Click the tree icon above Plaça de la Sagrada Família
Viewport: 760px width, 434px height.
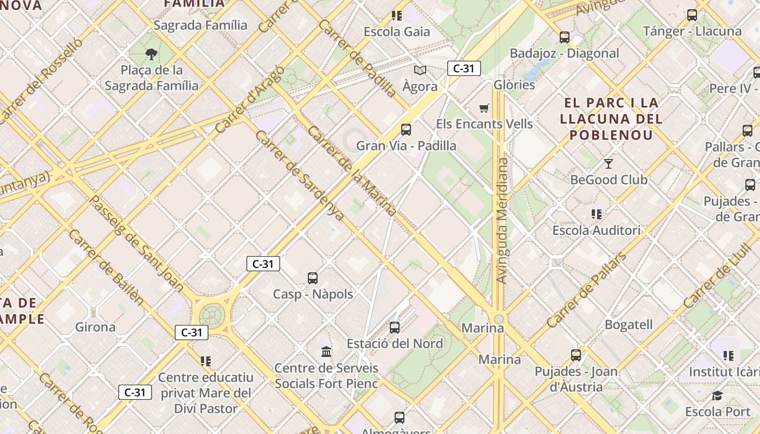(151, 54)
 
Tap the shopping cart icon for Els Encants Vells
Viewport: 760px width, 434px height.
(484, 108)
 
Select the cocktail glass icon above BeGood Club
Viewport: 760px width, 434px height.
(609, 163)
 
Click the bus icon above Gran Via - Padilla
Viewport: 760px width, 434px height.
(406, 130)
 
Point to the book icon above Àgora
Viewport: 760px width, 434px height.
(420, 70)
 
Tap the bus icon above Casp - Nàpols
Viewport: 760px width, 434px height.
(313, 278)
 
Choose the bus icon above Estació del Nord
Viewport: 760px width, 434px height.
(395, 328)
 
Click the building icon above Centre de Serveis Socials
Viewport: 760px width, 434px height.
(326, 352)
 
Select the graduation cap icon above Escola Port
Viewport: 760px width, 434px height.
(717, 395)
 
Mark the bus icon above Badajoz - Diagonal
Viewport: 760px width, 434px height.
(565, 37)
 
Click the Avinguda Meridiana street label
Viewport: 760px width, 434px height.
(502, 220)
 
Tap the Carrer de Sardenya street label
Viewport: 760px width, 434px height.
(299, 175)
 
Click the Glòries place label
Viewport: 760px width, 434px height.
(514, 85)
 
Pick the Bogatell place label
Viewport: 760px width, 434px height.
(629, 324)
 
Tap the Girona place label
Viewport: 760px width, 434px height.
(96, 327)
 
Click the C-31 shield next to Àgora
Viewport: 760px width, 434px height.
(464, 68)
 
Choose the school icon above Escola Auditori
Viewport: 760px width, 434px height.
(597, 214)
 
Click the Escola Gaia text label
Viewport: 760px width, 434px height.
(397, 31)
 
